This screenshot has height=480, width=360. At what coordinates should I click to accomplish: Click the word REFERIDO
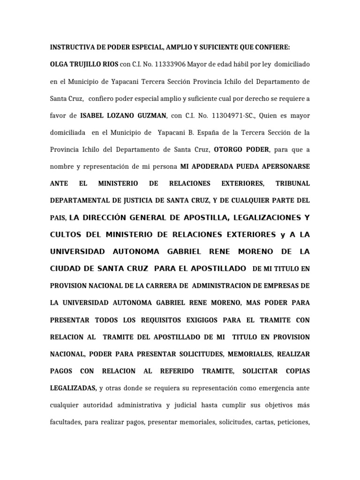coord(177,371)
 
